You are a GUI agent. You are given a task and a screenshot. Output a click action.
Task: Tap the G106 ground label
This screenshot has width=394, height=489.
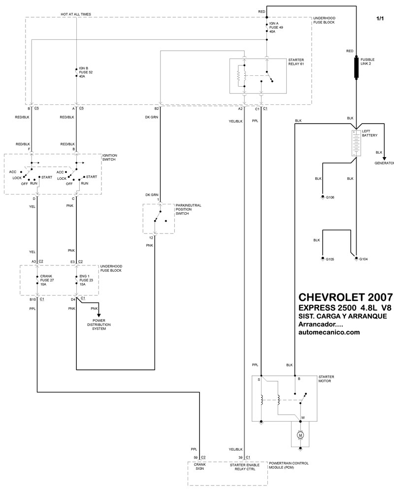pos(330,197)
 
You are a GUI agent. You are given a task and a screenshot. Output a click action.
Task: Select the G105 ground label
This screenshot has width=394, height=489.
pos(330,259)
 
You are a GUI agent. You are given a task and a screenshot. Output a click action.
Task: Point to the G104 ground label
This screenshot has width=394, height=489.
pos(363,259)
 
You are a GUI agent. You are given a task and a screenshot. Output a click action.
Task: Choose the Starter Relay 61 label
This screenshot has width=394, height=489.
pos(296,62)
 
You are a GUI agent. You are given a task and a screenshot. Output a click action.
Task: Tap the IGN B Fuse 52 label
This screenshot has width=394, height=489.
pos(86,72)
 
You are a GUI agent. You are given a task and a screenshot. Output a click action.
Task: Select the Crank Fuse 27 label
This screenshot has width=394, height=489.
pos(47,280)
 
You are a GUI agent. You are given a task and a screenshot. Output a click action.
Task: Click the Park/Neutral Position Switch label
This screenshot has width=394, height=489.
pos(188,209)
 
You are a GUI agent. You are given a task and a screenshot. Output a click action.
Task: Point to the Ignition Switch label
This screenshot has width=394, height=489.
pos(110,158)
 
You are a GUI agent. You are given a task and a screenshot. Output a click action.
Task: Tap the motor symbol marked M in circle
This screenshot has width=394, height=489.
pos(300,435)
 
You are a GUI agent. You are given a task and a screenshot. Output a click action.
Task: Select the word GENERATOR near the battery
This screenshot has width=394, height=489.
pos(384,163)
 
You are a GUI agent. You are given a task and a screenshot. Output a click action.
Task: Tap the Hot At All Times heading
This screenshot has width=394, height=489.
pos(76,14)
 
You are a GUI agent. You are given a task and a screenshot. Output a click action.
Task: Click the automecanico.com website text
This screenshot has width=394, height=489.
pos(329,332)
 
